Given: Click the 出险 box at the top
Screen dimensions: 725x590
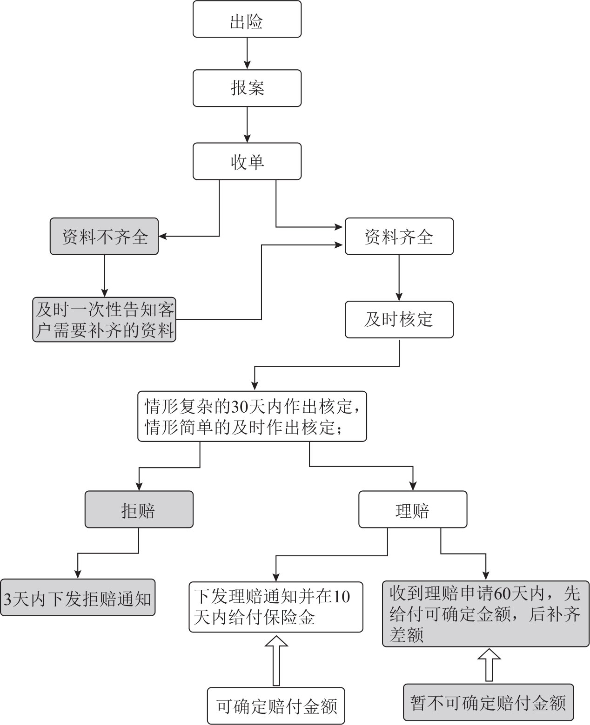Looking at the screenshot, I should (x=247, y=20).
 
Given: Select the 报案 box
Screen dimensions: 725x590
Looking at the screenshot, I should (x=247, y=88).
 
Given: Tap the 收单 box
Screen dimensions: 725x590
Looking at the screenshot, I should (x=247, y=161).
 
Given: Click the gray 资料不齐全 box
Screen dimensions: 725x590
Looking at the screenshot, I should (x=104, y=237).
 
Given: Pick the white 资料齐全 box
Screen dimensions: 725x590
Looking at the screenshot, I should (x=399, y=237).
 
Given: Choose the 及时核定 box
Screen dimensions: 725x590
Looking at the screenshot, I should (x=399, y=320).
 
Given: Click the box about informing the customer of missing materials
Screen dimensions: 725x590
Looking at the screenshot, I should (x=104, y=320).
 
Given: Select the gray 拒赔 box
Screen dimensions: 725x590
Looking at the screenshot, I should (x=139, y=509).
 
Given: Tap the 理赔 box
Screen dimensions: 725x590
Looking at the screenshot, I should (x=412, y=509).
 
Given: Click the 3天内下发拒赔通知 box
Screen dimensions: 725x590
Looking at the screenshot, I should (x=77, y=598).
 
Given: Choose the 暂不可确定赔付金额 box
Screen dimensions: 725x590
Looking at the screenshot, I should (x=488, y=702).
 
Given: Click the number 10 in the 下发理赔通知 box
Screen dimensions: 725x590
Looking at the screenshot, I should (x=342, y=596).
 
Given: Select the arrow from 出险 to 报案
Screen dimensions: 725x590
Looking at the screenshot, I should (x=247, y=53).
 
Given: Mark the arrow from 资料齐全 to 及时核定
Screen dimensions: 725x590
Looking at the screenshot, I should (x=399, y=278).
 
